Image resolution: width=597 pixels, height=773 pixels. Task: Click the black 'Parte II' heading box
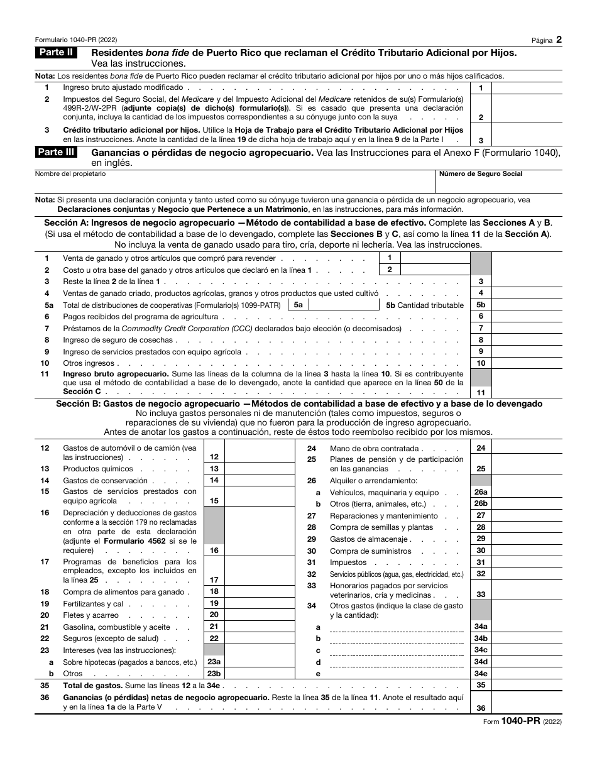pos(56,53)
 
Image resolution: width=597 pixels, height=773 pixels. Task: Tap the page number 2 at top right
pos(559,39)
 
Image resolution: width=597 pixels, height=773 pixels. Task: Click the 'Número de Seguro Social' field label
pos(481,174)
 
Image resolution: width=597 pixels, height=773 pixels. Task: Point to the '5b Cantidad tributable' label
pos(425,305)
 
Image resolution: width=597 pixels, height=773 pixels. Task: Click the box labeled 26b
pos(481,504)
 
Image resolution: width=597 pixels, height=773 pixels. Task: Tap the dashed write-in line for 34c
pos(396,650)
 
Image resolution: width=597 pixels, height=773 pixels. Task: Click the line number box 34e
pos(481,674)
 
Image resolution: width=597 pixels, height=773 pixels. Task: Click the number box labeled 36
pos(481,708)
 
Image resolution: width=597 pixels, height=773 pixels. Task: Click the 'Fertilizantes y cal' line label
pos(93,603)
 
